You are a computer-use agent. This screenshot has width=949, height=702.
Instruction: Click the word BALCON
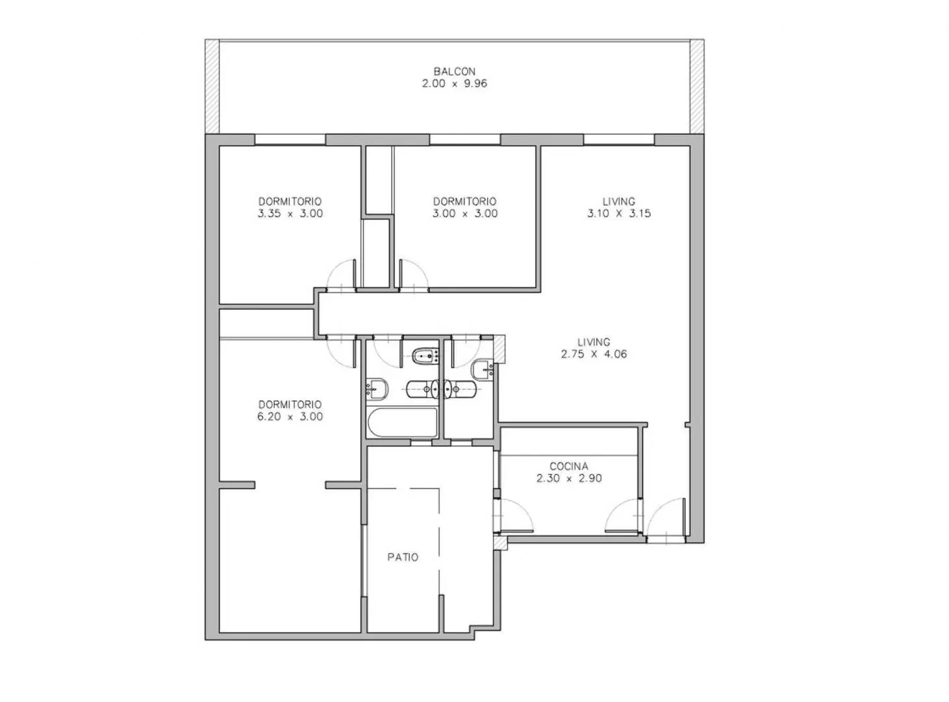click(455, 71)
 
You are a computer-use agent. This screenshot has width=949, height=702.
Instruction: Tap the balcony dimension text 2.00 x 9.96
click(455, 83)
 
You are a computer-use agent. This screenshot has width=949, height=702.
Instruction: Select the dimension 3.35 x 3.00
click(290, 213)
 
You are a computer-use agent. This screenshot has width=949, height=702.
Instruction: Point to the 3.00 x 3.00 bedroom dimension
click(464, 213)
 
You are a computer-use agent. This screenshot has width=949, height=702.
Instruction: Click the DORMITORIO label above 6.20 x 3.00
click(290, 404)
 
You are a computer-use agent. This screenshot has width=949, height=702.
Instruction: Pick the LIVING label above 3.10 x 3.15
click(618, 201)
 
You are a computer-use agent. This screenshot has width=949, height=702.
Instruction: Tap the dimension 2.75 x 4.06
click(594, 354)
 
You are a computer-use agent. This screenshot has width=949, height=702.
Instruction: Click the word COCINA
click(568, 466)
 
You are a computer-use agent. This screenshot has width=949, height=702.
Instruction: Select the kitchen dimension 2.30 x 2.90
click(569, 478)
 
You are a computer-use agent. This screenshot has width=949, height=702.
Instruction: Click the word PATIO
click(403, 557)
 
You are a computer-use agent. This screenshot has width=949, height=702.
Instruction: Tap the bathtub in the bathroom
click(403, 422)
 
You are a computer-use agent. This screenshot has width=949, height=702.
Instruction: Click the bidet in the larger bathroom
click(426, 355)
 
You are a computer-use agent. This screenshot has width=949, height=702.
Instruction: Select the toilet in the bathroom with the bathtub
click(422, 389)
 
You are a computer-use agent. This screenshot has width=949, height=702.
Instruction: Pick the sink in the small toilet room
click(482, 370)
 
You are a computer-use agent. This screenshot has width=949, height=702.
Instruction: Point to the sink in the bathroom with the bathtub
click(377, 389)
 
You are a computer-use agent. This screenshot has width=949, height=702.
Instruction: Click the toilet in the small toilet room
click(460, 389)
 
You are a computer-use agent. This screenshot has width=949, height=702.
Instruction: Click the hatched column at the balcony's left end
click(212, 86)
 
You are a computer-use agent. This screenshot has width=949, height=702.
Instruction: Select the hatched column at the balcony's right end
click(697, 86)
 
